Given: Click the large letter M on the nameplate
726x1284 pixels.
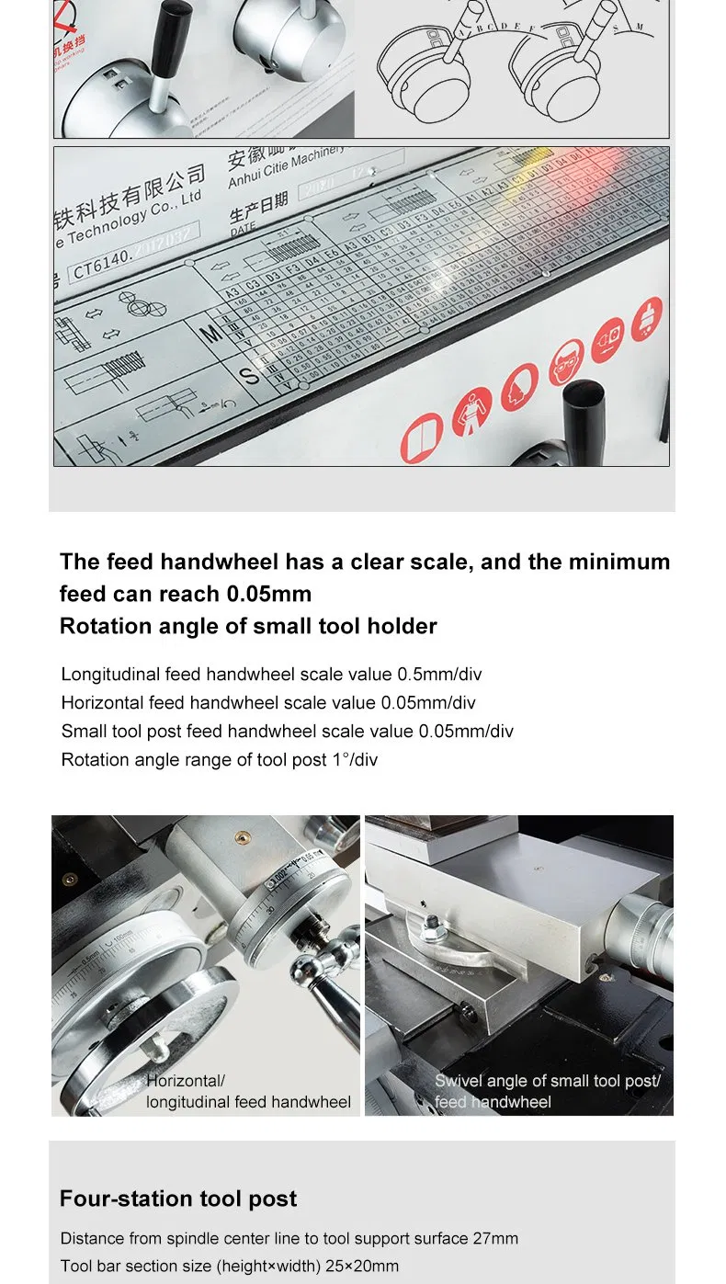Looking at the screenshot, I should click(x=212, y=333).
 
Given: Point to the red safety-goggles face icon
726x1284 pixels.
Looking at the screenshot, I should click(x=565, y=364).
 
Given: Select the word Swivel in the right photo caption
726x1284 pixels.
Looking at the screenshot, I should click(x=459, y=1081).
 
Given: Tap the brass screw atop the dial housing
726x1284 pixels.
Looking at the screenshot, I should click(x=71, y=880).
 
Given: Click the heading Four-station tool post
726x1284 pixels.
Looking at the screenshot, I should click(x=178, y=1199).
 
